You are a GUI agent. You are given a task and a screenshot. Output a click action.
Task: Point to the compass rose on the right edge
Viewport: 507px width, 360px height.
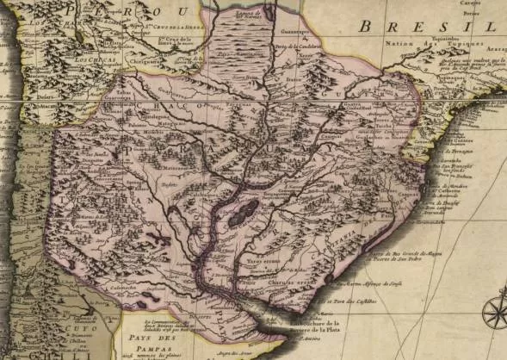(496, 312)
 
